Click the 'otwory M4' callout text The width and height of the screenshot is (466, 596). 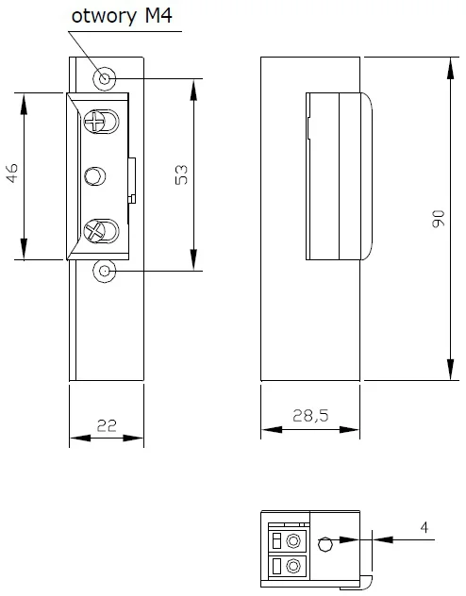122,16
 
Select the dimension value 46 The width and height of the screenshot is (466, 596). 12,174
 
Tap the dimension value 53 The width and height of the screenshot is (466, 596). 182,174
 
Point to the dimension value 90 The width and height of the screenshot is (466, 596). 439,219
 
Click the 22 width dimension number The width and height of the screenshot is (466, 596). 107,425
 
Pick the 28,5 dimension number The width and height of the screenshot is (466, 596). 310,416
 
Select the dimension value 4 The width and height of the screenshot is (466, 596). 424,527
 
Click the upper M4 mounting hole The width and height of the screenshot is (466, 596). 105,79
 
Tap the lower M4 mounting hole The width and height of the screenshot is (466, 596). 105,271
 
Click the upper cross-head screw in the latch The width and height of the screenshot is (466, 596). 94,122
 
